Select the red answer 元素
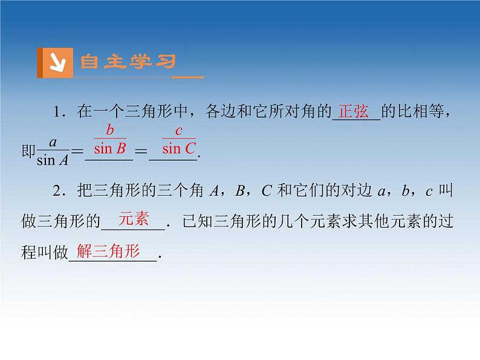(x=134, y=220)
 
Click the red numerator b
(x=109, y=130)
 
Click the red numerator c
(x=178, y=130)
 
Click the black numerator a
(x=53, y=143)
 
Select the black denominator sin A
(x=53, y=160)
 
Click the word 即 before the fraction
(x=28, y=152)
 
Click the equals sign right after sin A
(x=77, y=152)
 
